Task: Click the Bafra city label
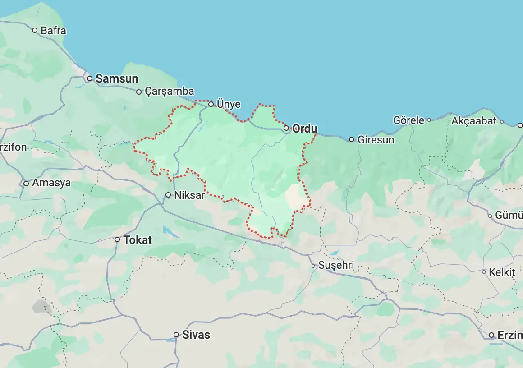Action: coord(53,31)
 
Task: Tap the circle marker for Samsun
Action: coord(90,78)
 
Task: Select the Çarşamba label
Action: coord(169,92)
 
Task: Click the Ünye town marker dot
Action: coord(211,104)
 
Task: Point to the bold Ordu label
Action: coord(305,129)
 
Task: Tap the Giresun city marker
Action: coord(352,139)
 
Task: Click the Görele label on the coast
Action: coord(408,120)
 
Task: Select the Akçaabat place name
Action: coord(474,121)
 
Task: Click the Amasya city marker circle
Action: coord(26,183)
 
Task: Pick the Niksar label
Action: coord(189,195)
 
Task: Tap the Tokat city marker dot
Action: coord(117,239)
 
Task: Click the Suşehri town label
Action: coord(336,266)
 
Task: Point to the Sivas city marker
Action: coord(176,335)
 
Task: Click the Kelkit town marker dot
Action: coord(484,272)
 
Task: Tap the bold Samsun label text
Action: coord(117,78)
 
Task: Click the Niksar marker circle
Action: coord(168,195)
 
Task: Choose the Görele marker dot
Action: coord(429,120)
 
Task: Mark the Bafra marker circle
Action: coord(35,31)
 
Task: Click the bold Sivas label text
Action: coord(196,335)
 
